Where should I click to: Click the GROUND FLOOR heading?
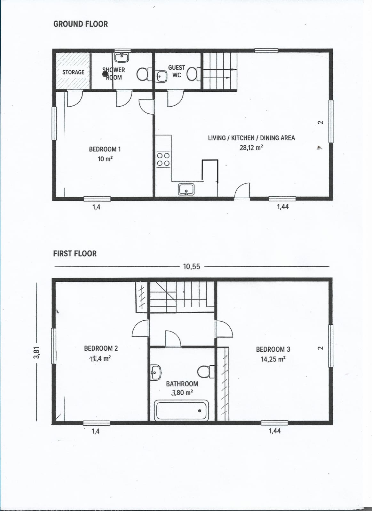(x=80, y=24)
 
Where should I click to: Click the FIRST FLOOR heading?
(x=75, y=254)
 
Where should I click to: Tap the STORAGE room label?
(x=73, y=72)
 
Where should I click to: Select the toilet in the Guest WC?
(x=194, y=74)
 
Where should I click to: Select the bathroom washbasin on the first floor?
(x=155, y=372)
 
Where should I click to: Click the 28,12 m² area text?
(x=251, y=148)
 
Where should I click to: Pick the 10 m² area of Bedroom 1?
(x=105, y=159)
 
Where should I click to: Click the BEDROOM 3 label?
(x=273, y=349)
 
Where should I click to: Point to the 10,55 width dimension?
(x=192, y=266)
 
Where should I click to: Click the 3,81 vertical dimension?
(x=37, y=353)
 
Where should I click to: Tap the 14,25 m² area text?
(x=273, y=359)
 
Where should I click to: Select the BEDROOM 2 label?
(x=101, y=348)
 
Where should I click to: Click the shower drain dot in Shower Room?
(x=105, y=74)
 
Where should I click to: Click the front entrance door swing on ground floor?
(x=242, y=191)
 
